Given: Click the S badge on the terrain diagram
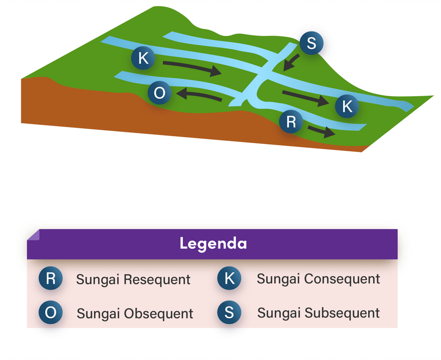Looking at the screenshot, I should click(311, 43).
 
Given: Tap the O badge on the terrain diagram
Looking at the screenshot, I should click(159, 94).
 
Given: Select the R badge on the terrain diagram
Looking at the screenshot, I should click(291, 122).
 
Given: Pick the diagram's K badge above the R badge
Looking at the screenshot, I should click(347, 106).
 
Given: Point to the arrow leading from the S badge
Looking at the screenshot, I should click(291, 62).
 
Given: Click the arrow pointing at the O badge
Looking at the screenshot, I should click(199, 95).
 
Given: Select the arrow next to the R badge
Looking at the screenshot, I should click(320, 131).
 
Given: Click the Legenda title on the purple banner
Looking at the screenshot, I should click(213, 244).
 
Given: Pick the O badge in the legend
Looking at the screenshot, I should click(50, 313).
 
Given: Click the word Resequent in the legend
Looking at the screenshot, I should click(157, 279).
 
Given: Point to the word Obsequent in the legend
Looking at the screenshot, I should click(158, 313).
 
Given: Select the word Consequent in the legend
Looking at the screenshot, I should click(342, 279).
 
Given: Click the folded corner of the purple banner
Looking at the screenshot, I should click(33, 235).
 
